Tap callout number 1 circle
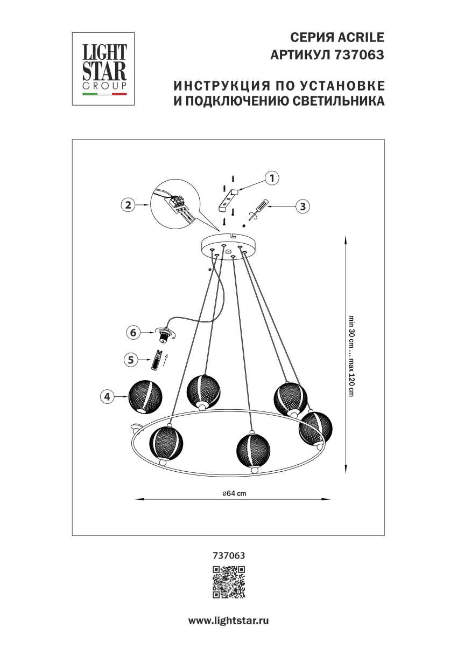point(273,178)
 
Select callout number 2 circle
point(128,205)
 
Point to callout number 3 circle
point(303,205)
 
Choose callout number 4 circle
point(108,397)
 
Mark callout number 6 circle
point(133,333)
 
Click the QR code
point(229,582)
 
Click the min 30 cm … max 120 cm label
point(351,355)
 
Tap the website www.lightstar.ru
point(228,621)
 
